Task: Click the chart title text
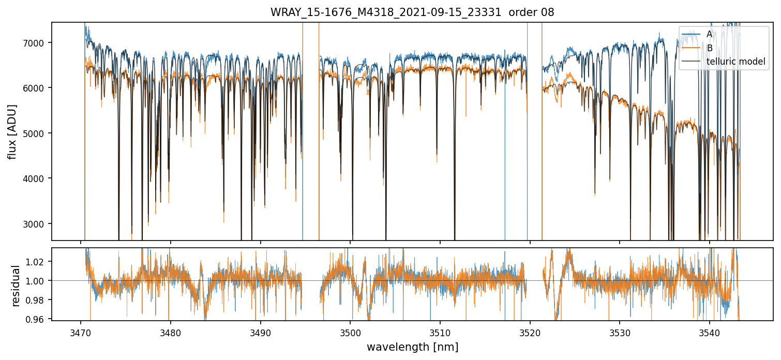[412, 12]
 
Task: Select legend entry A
[710, 34]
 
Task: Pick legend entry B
[710, 48]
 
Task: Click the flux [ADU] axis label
[12, 131]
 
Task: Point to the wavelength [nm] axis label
[412, 347]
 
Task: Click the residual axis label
[16, 286]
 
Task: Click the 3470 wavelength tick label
[80, 331]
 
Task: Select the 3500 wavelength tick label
[350, 331]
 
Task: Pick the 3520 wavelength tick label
[530, 331]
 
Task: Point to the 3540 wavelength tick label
[710, 331]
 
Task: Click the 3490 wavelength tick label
[260, 331]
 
